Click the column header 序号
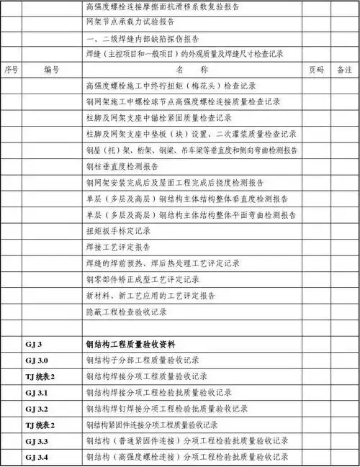pyautogui.click(x=11, y=71)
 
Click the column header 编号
pyautogui.click(x=51, y=71)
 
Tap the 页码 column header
pyautogui.click(x=315, y=71)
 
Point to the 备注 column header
pyautogui.click(x=344, y=71)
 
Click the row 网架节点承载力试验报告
pyautogui.click(x=127, y=22)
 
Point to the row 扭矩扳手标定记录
pyautogui.click(x=119, y=231)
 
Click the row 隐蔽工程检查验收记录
pyautogui.click(x=127, y=312)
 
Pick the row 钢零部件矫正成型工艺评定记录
pyautogui.click(x=142, y=279)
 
